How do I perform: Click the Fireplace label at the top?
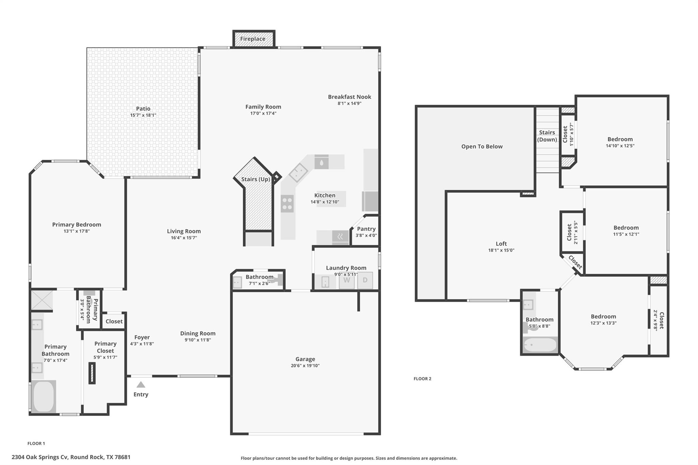tap(253, 39)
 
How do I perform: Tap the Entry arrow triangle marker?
tap(141, 385)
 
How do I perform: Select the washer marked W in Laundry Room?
tap(347, 280)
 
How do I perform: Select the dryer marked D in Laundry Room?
tap(365, 280)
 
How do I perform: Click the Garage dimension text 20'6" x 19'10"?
tap(305, 366)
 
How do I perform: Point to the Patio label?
tap(143, 109)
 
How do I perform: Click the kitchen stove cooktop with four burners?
tap(287, 204)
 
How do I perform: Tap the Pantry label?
tap(366, 229)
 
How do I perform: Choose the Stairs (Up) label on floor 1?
tap(256, 179)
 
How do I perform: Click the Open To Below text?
tap(482, 146)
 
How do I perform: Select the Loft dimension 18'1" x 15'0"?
tap(501, 250)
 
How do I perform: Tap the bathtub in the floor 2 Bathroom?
tap(540, 345)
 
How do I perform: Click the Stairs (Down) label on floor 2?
tap(547, 136)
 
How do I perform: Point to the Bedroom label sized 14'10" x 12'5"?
tap(620, 139)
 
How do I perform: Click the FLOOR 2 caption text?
tap(422, 378)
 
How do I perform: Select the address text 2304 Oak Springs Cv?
tap(40, 457)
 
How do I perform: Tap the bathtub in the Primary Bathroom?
tap(44, 396)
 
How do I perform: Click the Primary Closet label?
tap(105, 347)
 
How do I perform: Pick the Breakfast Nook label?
tap(349, 97)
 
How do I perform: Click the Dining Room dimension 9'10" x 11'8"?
tap(198, 340)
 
